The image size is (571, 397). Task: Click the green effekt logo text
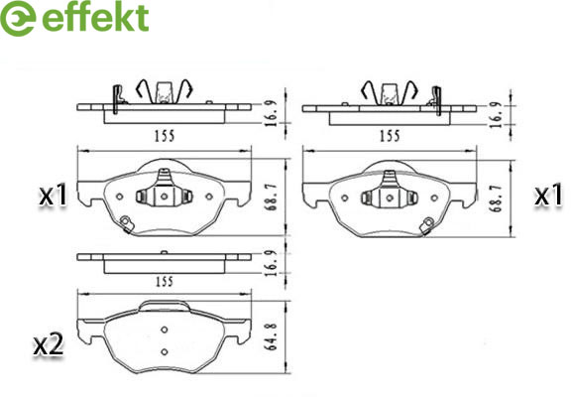coord(95,17)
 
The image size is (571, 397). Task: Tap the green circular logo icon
coord(18,18)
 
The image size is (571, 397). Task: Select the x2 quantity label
coord(48,344)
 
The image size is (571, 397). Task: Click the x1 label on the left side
coord(54,196)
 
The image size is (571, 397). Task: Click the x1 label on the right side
coord(548,196)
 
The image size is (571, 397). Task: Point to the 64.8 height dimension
coord(271,336)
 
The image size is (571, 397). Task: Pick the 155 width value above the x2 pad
coord(165,282)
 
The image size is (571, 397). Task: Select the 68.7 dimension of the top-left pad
coord(272,198)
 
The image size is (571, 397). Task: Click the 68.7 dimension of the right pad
coord(497,198)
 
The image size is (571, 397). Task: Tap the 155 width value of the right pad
coord(390,136)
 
